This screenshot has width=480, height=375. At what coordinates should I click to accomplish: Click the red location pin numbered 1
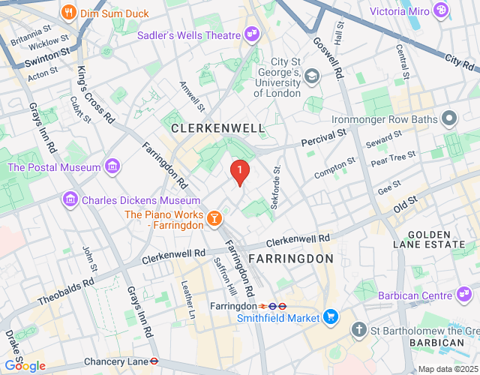[x=239, y=172]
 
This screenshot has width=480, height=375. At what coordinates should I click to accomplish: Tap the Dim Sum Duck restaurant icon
[x=68, y=12]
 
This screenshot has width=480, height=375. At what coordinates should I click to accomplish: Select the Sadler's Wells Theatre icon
[x=251, y=34]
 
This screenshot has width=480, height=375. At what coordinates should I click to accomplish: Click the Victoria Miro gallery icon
[x=441, y=10]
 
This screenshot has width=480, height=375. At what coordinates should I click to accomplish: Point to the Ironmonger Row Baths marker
[x=449, y=118]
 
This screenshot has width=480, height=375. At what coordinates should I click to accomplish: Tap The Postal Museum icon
[x=112, y=166]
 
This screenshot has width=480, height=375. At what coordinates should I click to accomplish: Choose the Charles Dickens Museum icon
[x=70, y=199]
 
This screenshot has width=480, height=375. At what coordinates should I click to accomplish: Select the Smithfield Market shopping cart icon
[x=331, y=317]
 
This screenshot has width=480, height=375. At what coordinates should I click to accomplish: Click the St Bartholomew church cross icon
[x=359, y=330]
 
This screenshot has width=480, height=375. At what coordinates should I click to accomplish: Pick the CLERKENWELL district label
[x=218, y=128]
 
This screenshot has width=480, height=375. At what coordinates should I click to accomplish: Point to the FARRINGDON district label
[x=290, y=259]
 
